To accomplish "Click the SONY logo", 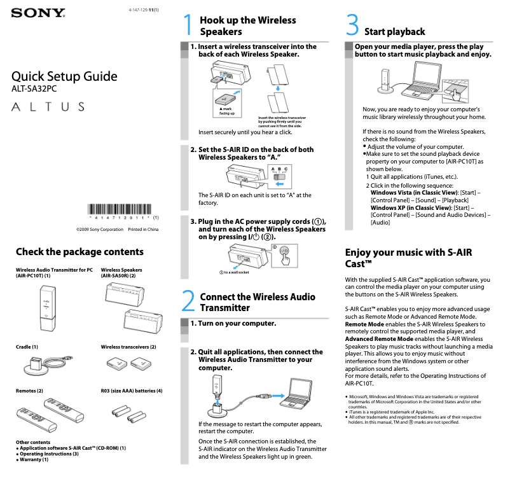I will point(38,13).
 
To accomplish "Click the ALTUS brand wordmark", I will point(48,106).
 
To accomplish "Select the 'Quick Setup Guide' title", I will point(64,77).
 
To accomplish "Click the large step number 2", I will point(188,302).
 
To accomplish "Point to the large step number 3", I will point(353,26).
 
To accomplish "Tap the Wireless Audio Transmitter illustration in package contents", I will point(46,308).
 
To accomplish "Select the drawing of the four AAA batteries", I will point(138,418).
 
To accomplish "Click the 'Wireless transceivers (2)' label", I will point(128,347).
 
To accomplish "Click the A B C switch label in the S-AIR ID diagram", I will point(279,169).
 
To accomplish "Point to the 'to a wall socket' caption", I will point(234,272).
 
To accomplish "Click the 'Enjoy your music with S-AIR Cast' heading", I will point(408,258).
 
